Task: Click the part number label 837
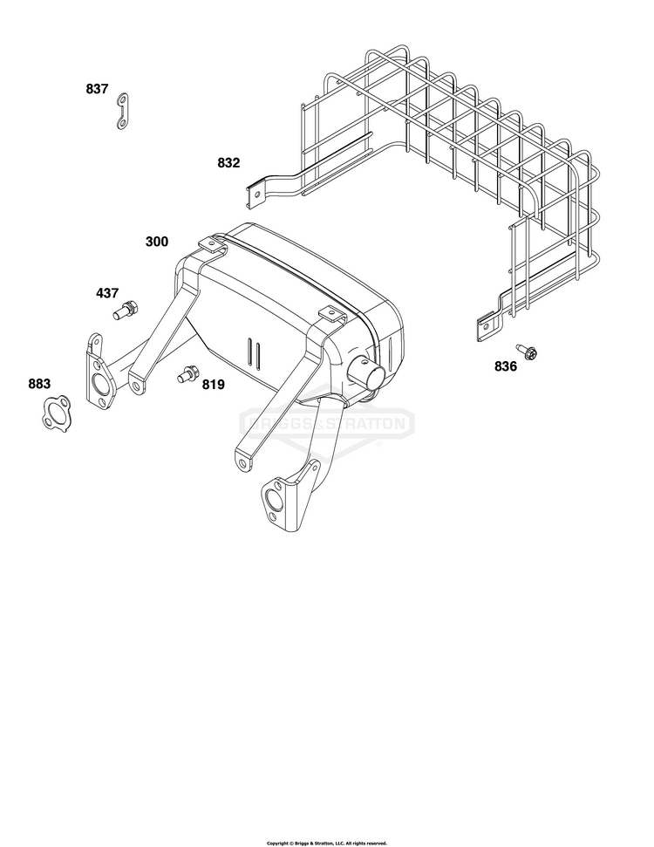click(x=97, y=89)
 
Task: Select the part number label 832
click(x=228, y=162)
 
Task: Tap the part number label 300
click(x=157, y=242)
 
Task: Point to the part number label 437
click(x=107, y=293)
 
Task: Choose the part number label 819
click(x=214, y=385)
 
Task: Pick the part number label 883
click(x=39, y=384)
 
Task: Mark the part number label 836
click(x=506, y=366)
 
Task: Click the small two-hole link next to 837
click(x=123, y=112)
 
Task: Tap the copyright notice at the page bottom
click(x=327, y=843)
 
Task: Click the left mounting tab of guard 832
click(x=255, y=195)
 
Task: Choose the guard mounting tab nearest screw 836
click(x=486, y=327)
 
